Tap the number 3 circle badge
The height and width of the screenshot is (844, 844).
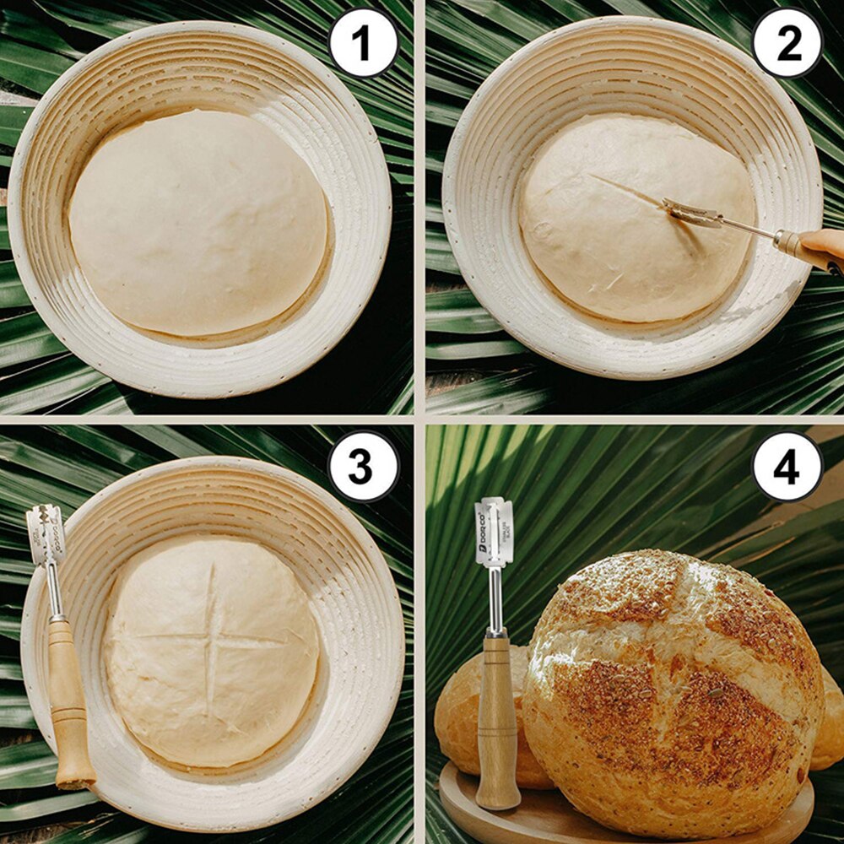363,466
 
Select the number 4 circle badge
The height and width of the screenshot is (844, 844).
787,466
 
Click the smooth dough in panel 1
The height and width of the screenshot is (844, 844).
198,224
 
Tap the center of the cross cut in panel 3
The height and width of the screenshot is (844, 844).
210,640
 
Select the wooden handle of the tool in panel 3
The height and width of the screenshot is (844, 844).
68,701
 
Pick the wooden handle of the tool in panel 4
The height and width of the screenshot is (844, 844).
497,717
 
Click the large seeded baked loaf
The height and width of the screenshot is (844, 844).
675,692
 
